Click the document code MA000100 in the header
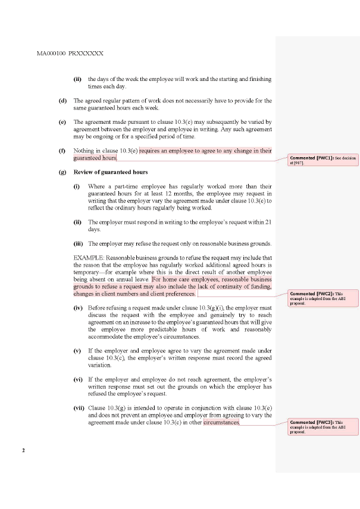(51, 54)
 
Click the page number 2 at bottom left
(23, 450)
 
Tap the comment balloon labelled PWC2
(324, 298)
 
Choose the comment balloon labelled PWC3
(324, 427)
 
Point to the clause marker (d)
(62, 101)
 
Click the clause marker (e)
(62, 121)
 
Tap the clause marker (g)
(62, 172)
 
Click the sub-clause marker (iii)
(78, 243)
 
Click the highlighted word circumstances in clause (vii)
(221, 422)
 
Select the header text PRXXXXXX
(86, 54)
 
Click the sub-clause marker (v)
(77, 351)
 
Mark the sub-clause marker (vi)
(78, 379)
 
